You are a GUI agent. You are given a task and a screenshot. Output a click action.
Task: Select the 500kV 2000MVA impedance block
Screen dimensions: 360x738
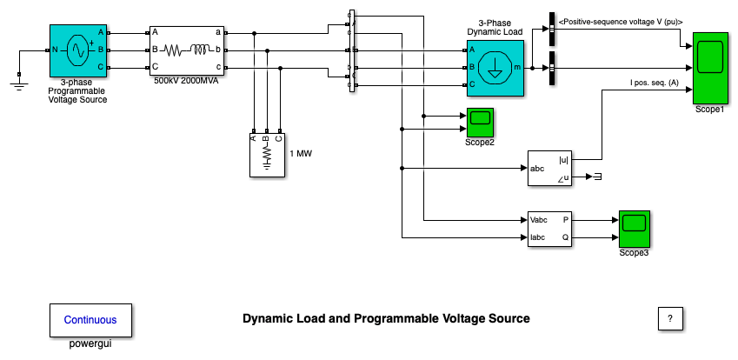click(x=187, y=50)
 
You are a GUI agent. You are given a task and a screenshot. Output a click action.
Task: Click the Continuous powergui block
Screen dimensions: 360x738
click(x=90, y=319)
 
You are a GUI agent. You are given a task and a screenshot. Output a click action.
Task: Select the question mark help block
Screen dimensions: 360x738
click(x=669, y=319)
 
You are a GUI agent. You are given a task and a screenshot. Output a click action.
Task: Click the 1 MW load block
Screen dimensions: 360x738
click(x=267, y=155)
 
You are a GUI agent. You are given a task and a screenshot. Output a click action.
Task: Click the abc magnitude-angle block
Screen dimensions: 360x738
click(x=551, y=168)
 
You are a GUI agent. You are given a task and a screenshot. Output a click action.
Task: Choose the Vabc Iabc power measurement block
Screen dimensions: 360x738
click(x=551, y=229)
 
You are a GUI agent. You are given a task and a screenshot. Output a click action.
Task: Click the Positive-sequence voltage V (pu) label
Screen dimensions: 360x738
click(x=621, y=20)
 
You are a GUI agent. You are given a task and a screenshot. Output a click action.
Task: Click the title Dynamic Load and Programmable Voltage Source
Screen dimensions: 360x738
click(x=386, y=319)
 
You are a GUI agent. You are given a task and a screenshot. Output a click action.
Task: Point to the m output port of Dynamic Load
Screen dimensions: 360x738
click(x=518, y=67)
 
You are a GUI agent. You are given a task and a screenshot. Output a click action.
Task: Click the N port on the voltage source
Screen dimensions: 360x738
click(x=55, y=50)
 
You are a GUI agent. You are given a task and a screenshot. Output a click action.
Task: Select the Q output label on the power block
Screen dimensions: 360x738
click(x=566, y=237)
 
